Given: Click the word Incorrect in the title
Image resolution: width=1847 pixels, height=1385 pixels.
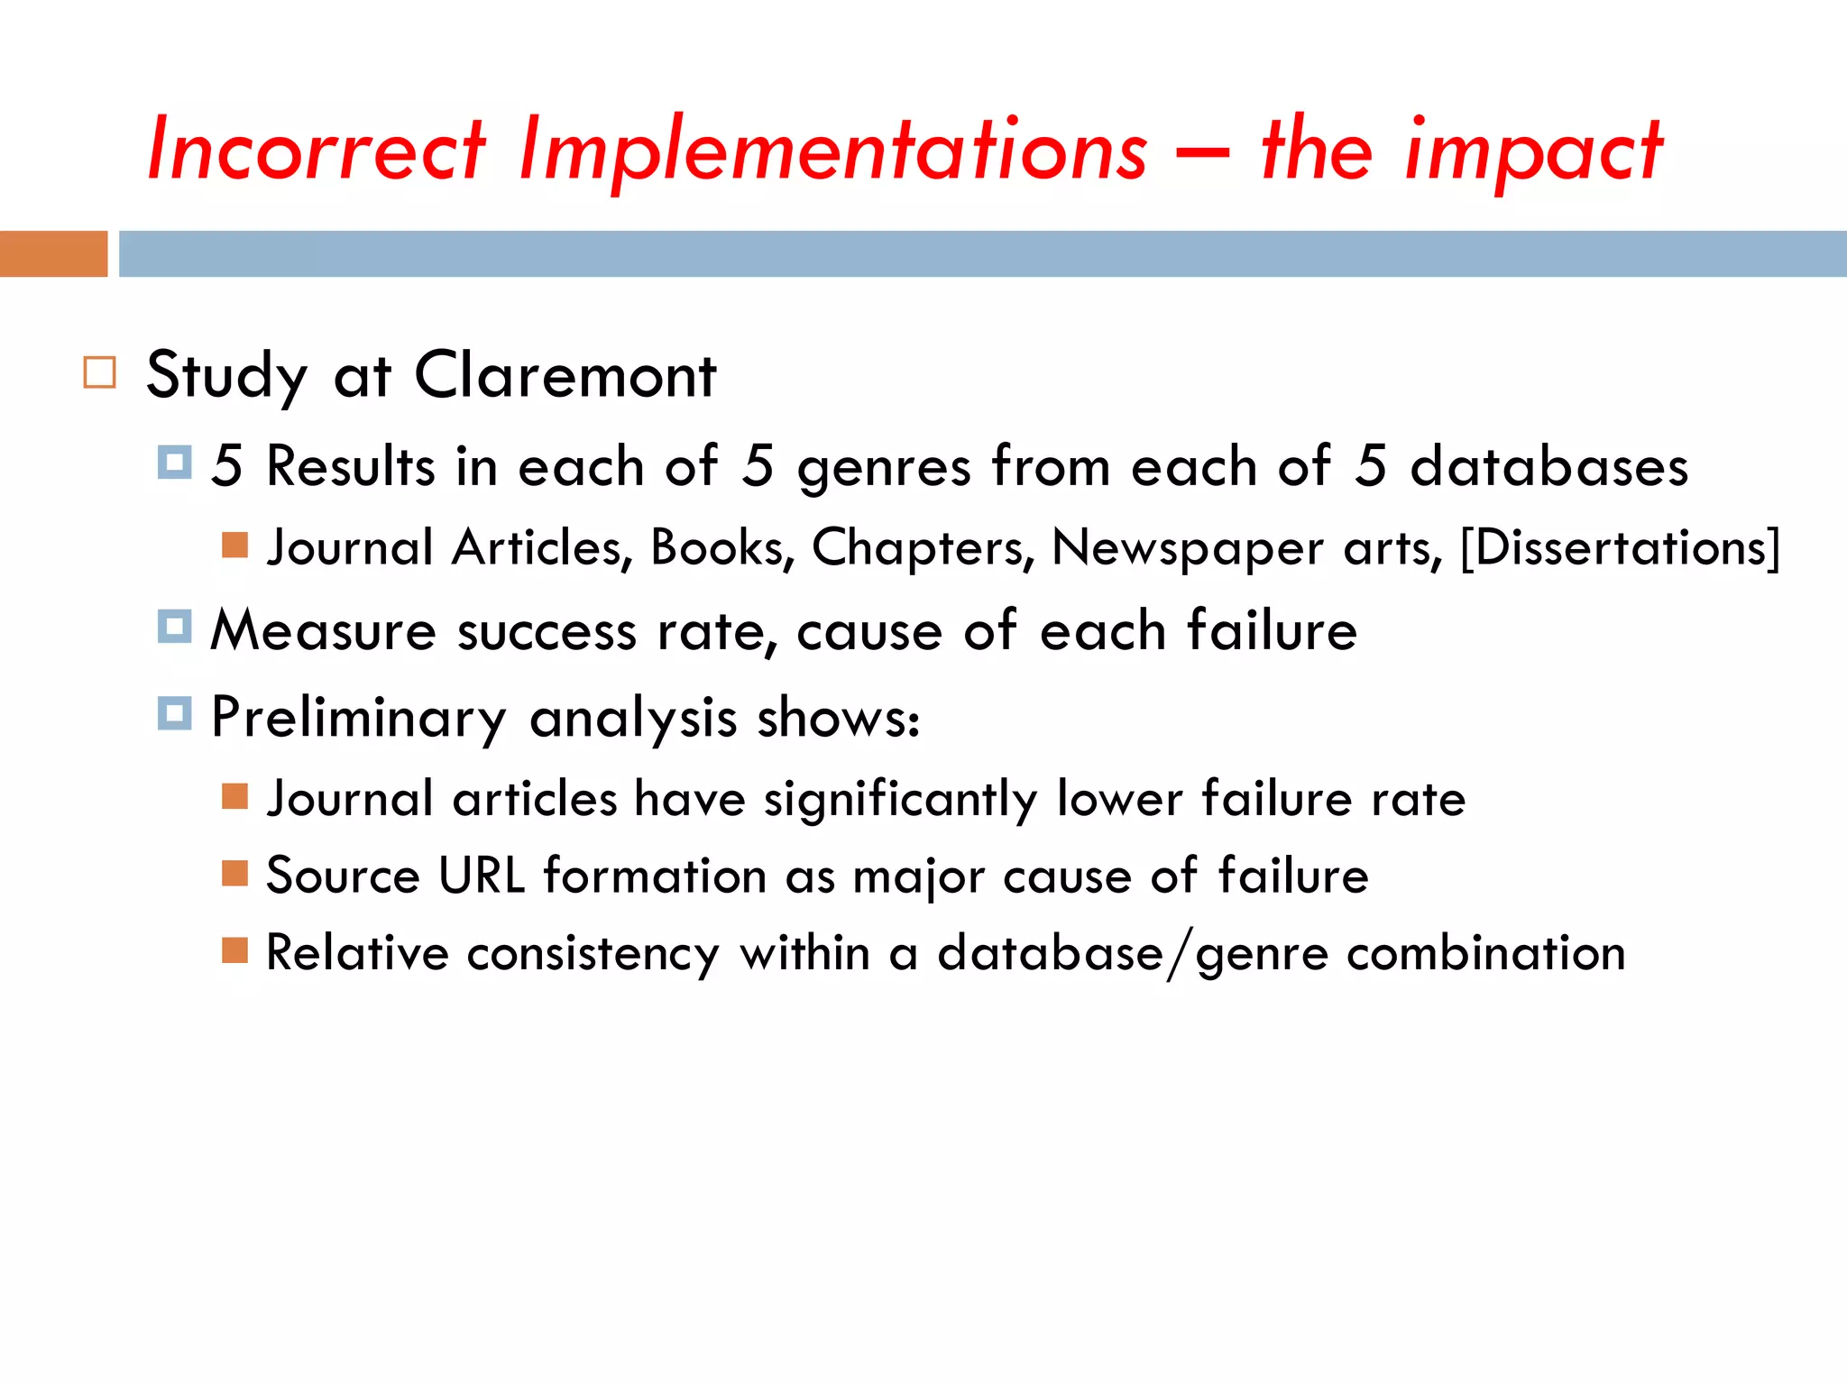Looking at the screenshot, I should click(x=317, y=149).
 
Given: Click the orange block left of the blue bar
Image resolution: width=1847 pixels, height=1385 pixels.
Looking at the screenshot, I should click(x=53, y=253).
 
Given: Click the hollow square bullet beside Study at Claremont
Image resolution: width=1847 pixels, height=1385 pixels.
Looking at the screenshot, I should click(x=99, y=372).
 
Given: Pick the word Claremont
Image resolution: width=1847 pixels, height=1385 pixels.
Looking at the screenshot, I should click(x=565, y=375).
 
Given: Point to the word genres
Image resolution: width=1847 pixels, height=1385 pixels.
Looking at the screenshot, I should click(x=884, y=467).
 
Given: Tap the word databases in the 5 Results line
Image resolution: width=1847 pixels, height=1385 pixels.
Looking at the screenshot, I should click(x=1548, y=467).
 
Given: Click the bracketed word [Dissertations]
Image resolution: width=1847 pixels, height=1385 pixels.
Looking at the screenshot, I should click(x=1620, y=547).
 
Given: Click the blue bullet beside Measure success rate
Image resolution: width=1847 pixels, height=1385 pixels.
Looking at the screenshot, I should click(x=174, y=626).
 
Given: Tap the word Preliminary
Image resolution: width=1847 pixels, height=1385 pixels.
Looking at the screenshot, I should click(x=359, y=719).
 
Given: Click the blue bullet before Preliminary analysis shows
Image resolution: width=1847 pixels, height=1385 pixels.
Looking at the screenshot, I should click(x=174, y=713).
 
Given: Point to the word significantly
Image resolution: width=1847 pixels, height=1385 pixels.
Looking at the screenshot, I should click(x=901, y=800).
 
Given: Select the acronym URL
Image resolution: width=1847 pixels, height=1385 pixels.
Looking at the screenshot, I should click(x=482, y=876).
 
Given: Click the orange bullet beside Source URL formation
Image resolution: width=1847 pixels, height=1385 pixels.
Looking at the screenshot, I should click(x=234, y=873).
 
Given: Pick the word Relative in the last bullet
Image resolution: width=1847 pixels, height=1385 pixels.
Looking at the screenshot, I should click(x=357, y=953).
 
